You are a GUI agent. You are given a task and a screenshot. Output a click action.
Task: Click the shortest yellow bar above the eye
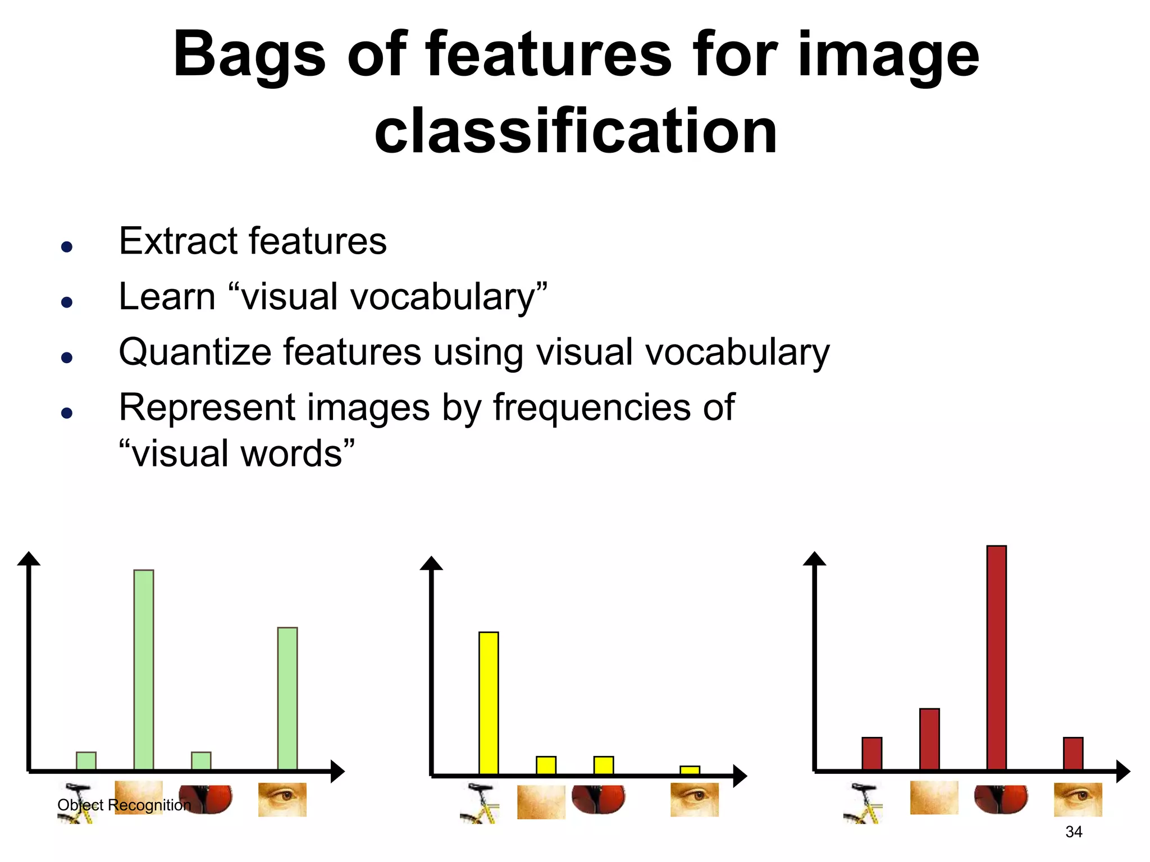[690, 770]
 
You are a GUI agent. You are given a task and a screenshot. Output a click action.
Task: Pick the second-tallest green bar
[287, 698]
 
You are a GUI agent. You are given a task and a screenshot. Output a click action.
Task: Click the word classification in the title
[576, 132]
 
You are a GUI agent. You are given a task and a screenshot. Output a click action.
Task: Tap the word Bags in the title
[249, 55]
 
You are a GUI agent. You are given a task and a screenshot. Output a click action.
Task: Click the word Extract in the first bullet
[179, 241]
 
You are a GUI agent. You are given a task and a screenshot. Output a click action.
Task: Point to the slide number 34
[1074, 832]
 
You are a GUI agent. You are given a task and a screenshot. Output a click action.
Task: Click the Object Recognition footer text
[124, 805]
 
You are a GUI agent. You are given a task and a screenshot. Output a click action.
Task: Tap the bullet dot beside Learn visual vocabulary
[67, 302]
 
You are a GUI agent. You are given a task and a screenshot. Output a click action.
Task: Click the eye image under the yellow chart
[695, 799]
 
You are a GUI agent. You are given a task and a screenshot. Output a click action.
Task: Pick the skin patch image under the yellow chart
[541, 801]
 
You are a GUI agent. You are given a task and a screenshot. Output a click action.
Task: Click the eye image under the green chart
[282, 799]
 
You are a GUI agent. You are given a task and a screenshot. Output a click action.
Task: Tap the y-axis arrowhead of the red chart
[814, 558]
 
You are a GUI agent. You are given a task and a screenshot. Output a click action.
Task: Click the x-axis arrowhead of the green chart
[337, 771]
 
